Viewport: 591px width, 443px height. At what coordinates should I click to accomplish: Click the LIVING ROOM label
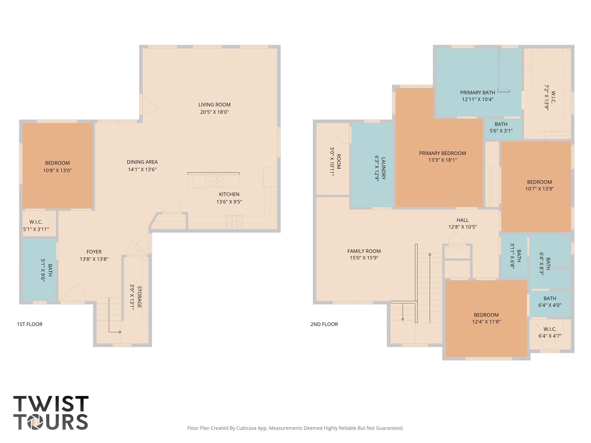pyautogui.click(x=214, y=105)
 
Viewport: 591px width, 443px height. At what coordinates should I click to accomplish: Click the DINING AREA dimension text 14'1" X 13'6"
pyautogui.click(x=142, y=169)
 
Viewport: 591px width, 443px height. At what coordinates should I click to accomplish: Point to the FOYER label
pyautogui.click(x=94, y=252)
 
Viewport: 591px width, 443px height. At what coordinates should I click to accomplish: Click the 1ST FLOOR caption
pyautogui.click(x=30, y=324)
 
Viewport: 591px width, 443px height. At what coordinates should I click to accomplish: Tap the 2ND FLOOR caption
pyautogui.click(x=324, y=324)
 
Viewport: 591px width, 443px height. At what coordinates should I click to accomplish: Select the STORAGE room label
pyautogui.click(x=139, y=297)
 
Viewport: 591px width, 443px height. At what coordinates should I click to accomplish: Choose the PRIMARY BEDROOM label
pyautogui.click(x=442, y=153)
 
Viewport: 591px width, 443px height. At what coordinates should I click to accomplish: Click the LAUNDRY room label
pyautogui.click(x=383, y=168)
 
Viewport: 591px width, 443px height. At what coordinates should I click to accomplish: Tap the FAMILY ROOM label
pyautogui.click(x=364, y=251)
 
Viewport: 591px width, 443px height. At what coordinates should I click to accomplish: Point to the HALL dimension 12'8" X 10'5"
pyautogui.click(x=462, y=227)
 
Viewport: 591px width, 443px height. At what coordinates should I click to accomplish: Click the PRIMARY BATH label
pyautogui.click(x=478, y=93)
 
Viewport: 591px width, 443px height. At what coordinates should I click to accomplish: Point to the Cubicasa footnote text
pyautogui.click(x=295, y=428)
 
